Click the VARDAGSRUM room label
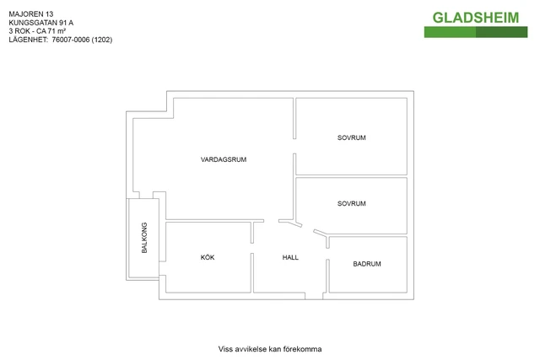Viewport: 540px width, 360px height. [224, 159]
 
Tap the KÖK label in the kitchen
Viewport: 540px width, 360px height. [208, 257]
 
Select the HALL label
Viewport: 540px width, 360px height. [290, 257]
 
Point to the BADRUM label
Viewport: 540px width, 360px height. [367, 264]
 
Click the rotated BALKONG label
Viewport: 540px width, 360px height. [144, 238]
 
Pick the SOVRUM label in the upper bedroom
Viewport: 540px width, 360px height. [351, 137]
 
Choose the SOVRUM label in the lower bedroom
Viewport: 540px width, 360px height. [351, 203]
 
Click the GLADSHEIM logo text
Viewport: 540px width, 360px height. [476, 18]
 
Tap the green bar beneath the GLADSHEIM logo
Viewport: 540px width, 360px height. [476, 32]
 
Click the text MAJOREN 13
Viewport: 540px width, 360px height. [31, 14]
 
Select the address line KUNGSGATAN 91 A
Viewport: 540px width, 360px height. [41, 23]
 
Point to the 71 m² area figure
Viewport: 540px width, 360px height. [57, 31]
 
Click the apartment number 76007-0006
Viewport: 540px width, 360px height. [71, 40]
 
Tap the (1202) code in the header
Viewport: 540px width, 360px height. [102, 40]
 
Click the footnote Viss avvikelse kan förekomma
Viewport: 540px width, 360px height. [270, 349]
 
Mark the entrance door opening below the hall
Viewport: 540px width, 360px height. [314, 296]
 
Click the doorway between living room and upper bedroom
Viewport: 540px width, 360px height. [294, 146]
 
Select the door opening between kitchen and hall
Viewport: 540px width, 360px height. [252, 248]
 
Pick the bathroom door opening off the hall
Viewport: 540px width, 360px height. [327, 254]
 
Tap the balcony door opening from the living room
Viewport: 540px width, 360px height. [146, 195]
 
